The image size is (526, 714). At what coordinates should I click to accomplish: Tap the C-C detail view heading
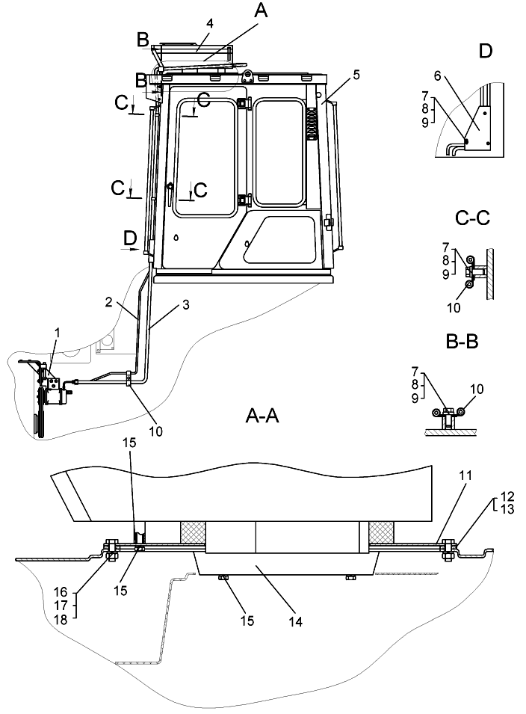point(471,218)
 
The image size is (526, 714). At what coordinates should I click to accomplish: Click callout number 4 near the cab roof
point(210,23)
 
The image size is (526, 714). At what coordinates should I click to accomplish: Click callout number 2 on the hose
point(108,301)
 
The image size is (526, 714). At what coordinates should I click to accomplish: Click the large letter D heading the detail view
point(486,51)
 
